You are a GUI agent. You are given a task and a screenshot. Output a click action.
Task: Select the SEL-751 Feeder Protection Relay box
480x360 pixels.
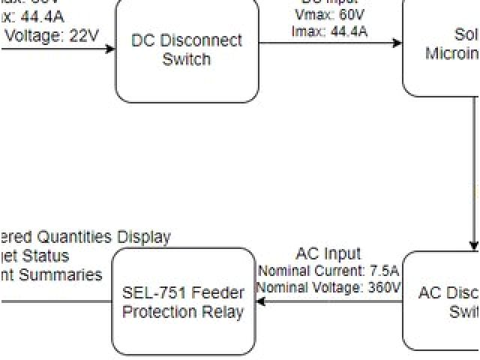pos(183,302)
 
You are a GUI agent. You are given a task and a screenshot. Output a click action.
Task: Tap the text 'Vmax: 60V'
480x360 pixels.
pos(330,16)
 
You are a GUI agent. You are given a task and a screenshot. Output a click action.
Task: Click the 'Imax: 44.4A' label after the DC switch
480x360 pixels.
pos(330,31)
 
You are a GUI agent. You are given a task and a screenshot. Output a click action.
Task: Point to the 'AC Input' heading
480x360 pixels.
pos(328,254)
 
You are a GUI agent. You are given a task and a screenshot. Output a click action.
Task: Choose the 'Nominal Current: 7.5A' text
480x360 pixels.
pos(328,271)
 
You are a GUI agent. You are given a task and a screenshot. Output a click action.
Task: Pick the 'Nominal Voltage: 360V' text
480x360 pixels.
pos(328,286)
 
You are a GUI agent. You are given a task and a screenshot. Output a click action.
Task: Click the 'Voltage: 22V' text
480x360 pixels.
pos(52,35)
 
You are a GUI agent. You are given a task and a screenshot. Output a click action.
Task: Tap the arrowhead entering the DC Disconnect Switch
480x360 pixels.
pos(111,49)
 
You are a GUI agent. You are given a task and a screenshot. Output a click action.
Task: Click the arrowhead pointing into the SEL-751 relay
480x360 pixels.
pos(260,302)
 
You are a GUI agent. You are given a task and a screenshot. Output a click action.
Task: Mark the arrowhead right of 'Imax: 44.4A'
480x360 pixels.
pos(397,43)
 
